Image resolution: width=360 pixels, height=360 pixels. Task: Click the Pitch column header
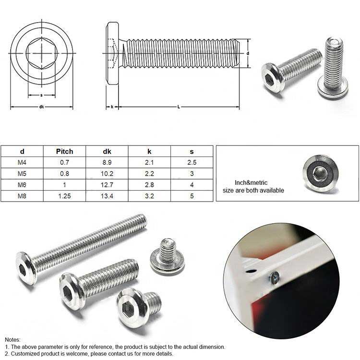pos(64,152)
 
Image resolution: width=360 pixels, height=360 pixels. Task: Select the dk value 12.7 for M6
pos(107,185)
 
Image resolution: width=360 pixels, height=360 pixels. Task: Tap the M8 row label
pos(22,196)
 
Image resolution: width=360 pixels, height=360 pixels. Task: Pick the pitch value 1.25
pos(64,196)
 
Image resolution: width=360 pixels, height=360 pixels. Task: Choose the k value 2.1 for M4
pos(149,163)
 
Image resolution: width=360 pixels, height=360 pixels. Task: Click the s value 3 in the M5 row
pos(192,174)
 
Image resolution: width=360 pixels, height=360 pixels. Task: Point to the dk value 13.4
pos(107,196)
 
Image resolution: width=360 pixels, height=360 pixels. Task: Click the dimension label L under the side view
pos(179,107)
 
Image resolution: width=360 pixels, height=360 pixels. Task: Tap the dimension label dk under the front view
pos(42,107)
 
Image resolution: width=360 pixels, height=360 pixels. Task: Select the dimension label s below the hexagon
pos(41,95)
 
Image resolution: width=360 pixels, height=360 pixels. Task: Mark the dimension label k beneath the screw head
pos(112,107)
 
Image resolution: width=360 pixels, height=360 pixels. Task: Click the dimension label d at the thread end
pos(248,53)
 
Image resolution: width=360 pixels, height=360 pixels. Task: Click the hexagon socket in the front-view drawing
pos(42,53)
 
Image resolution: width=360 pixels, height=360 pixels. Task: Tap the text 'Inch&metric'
pos(251,183)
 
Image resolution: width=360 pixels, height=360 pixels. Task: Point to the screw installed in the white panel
pos(275,277)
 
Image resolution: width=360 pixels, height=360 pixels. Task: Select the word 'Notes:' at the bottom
pos(12,339)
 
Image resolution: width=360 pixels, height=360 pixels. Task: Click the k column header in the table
pos(149,152)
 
